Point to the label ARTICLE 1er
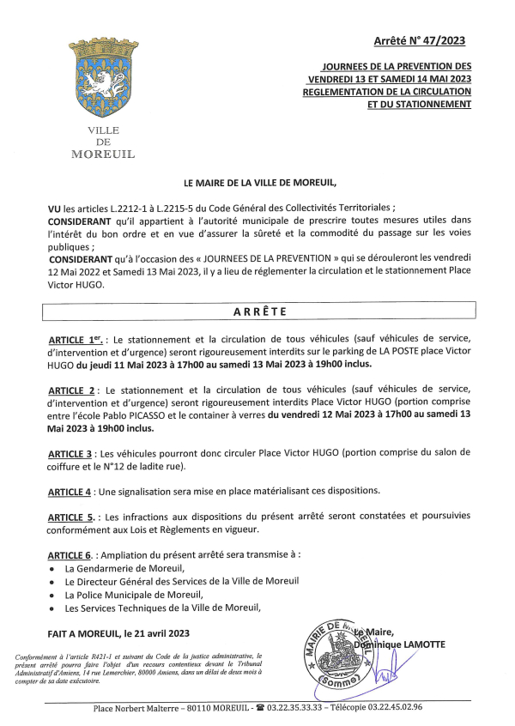(77, 341)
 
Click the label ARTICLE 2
(76, 390)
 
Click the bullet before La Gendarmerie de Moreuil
(53, 569)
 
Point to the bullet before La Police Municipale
(53, 595)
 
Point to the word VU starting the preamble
(56, 209)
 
